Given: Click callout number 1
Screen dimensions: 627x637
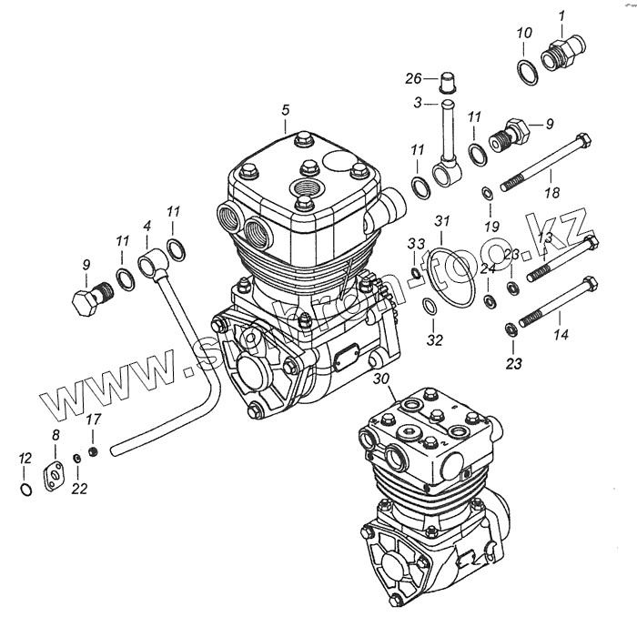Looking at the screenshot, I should (561, 15).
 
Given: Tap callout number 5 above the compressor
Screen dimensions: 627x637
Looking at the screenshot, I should (285, 110).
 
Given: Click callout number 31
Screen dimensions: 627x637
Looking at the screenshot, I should (441, 221).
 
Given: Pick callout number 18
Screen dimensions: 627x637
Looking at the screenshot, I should (552, 193).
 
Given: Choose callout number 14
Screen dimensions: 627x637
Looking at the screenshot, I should (561, 335).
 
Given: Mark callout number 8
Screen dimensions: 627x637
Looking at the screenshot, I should (56, 435).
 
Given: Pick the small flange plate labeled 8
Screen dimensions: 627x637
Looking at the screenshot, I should (56, 474).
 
